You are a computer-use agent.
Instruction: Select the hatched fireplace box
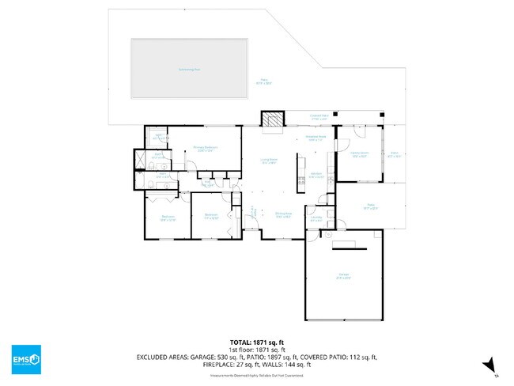[x=271, y=119]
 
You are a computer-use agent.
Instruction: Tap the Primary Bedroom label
[x=206, y=149]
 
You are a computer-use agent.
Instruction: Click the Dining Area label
[x=284, y=214]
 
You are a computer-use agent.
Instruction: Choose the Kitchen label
[x=316, y=176]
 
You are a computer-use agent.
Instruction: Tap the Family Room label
[x=360, y=155]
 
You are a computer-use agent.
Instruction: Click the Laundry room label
[x=316, y=218]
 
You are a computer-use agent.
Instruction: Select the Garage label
[x=345, y=276]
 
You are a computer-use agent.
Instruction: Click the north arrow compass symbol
[x=491, y=365]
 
